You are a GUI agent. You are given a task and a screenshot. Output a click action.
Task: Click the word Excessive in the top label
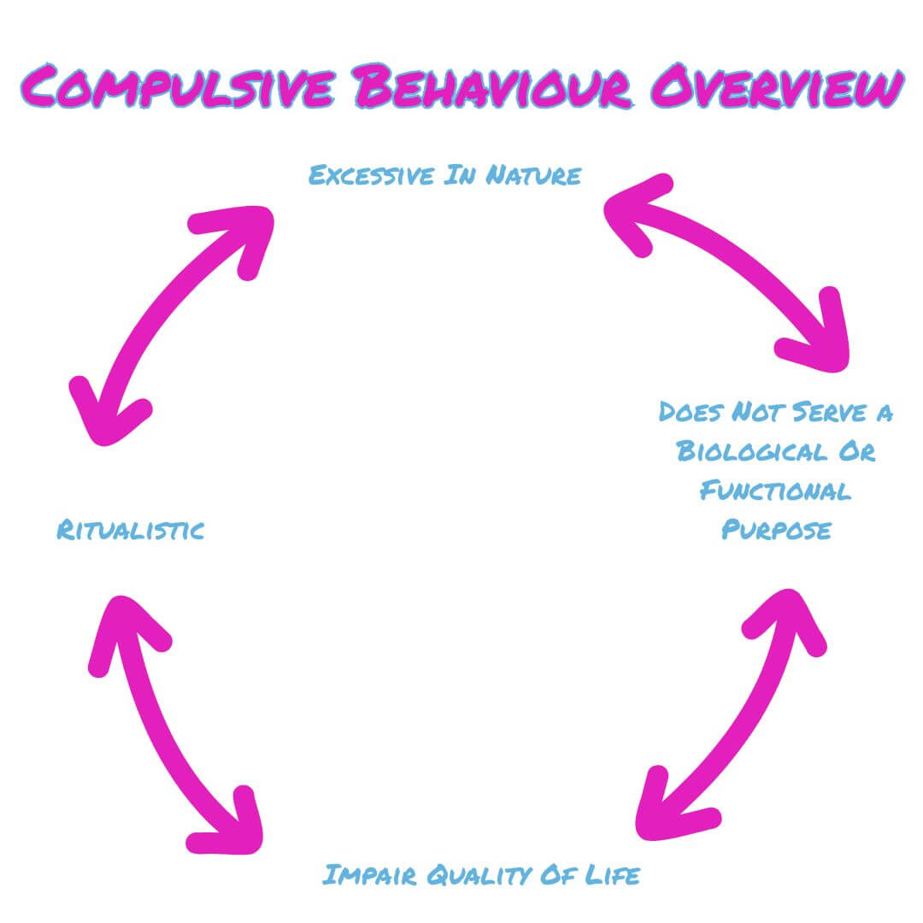click(x=367, y=175)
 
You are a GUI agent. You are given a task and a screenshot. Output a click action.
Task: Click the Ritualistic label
click(x=131, y=531)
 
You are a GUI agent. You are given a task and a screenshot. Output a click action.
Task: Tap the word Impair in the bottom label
click(x=368, y=875)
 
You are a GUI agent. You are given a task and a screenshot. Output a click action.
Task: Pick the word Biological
click(x=751, y=451)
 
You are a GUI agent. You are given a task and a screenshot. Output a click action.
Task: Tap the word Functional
click(x=775, y=491)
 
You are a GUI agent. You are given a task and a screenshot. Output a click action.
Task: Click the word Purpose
click(x=775, y=530)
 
